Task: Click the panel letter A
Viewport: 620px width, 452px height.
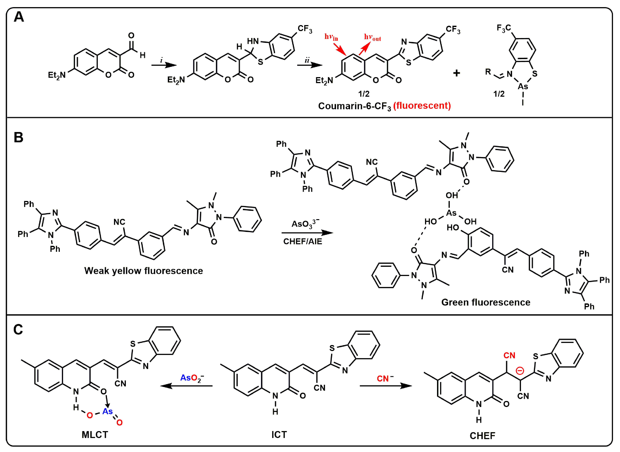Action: [19, 17]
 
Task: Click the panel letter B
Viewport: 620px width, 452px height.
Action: [18, 137]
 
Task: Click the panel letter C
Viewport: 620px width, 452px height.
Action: [18, 329]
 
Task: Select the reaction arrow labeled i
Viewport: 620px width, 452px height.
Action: [164, 65]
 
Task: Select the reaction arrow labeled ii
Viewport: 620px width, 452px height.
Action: [310, 65]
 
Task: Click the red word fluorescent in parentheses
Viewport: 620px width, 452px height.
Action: [422, 106]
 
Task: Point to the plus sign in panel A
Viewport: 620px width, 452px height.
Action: [457, 73]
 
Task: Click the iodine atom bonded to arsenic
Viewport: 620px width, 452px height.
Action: [523, 103]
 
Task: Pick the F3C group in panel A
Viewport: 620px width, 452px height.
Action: [504, 28]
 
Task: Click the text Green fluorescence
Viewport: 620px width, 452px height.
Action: [486, 302]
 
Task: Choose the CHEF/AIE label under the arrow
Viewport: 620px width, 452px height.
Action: [303, 241]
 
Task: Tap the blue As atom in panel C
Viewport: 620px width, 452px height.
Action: [107, 411]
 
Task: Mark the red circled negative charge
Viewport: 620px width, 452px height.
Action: [520, 371]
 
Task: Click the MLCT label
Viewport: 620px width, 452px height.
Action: [95, 435]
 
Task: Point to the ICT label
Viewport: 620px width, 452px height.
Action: [279, 435]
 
